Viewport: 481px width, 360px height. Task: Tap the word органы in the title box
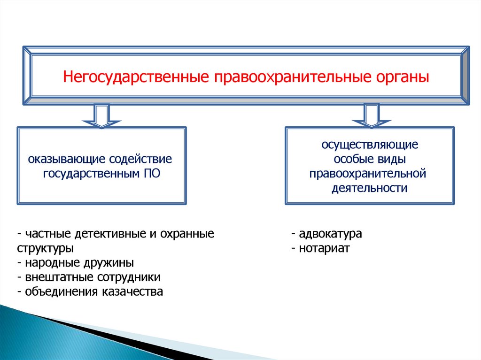[x=403, y=76]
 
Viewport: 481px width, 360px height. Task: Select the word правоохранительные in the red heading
[x=292, y=76]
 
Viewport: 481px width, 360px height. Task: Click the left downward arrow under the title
[x=102, y=116]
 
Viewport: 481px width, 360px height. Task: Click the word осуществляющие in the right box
[x=370, y=145]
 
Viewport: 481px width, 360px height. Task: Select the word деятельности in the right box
[x=369, y=188]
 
